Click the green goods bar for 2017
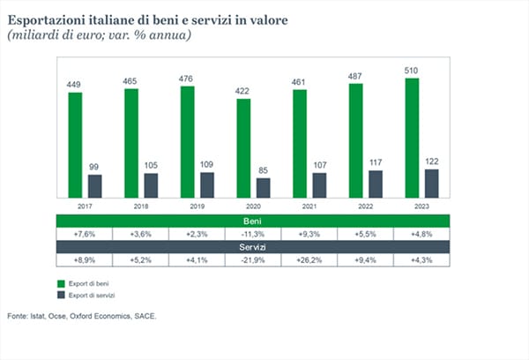pos(75,145)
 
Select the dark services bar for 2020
pos(263,188)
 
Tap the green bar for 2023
pos(412,138)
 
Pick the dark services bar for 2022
pos(376,184)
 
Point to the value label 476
pos(186,79)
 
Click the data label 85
pos(263,170)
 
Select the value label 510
pos(411,71)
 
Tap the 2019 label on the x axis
pos(197,206)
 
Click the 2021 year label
pos(309,206)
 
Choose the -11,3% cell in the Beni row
pos(253,234)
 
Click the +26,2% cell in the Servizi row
pos(309,260)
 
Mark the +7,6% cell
pos(85,234)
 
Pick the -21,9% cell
pos(253,260)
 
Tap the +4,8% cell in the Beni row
pos(421,234)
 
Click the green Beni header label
pos(252,221)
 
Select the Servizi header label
pos(252,247)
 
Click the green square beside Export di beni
pos(61,284)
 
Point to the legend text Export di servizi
pos(92,296)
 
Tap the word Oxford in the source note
pos(81,317)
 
